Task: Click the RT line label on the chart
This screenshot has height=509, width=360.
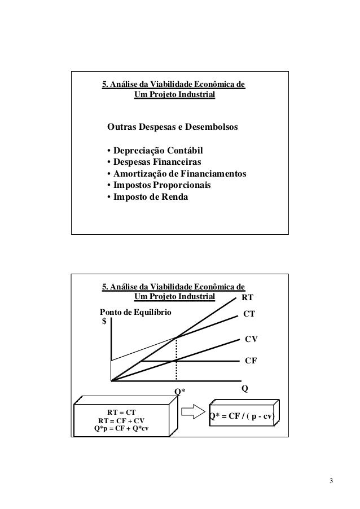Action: (x=247, y=297)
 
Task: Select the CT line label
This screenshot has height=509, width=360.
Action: (x=249, y=313)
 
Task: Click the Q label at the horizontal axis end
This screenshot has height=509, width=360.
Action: (x=245, y=389)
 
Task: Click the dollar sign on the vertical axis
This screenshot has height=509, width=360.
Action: (x=104, y=322)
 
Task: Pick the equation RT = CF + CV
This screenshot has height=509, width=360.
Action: (x=121, y=420)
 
